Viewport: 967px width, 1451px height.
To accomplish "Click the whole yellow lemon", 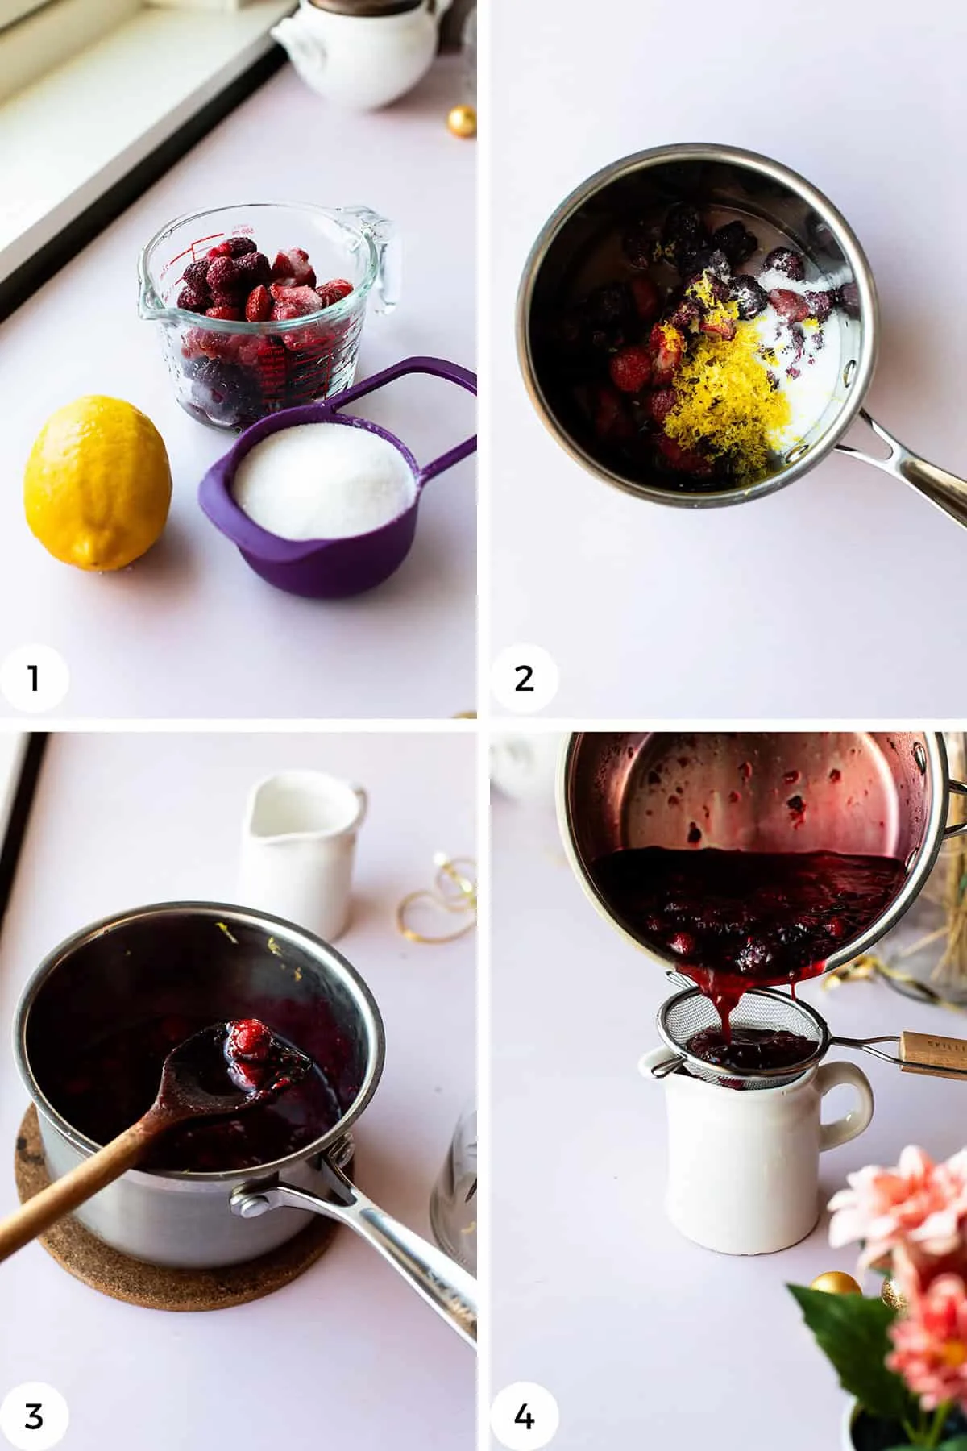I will (x=97, y=482).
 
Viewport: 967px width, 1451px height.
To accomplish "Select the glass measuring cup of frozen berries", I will (x=266, y=314).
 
